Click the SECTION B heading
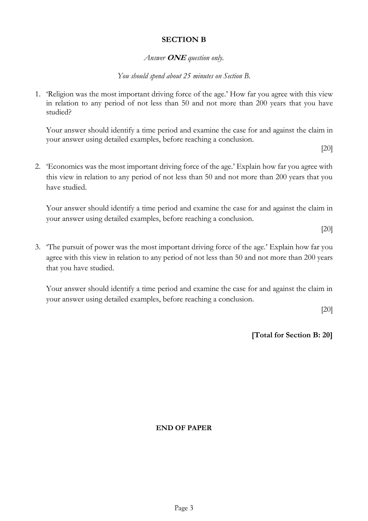point(184,40)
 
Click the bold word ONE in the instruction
point(176,58)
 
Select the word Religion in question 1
point(60,94)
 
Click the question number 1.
point(37,94)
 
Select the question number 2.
point(37,167)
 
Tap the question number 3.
point(37,247)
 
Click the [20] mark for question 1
point(327,149)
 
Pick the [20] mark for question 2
point(327,229)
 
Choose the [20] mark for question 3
point(327,310)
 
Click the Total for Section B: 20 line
point(292,335)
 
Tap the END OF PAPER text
point(184,428)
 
